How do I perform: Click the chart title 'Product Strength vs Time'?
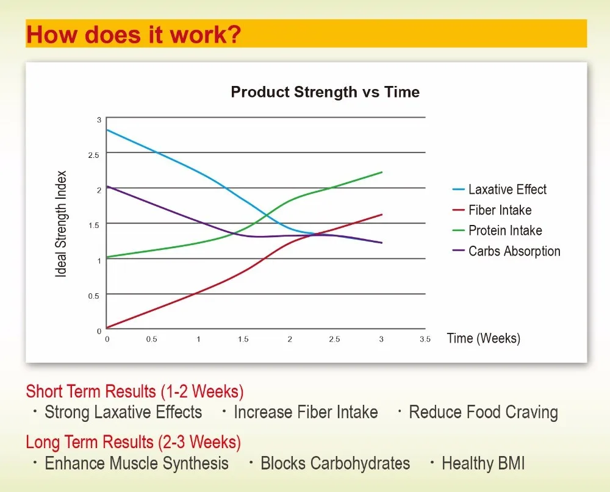click(x=325, y=93)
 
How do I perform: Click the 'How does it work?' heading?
click(x=134, y=35)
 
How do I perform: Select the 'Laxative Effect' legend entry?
click(x=507, y=190)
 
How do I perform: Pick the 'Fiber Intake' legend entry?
click(x=500, y=210)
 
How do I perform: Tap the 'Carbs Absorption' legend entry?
click(x=514, y=251)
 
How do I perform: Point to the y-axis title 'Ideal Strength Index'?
click(x=61, y=224)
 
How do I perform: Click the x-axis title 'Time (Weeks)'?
click(x=483, y=338)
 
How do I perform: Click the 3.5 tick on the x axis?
click(x=425, y=340)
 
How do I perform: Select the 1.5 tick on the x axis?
click(x=243, y=340)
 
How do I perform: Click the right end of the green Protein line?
click(x=382, y=173)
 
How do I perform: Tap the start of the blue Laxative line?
click(x=107, y=130)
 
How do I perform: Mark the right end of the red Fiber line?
click(x=382, y=215)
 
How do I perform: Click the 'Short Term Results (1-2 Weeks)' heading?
click(x=135, y=391)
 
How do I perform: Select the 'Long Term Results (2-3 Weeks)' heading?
click(x=134, y=441)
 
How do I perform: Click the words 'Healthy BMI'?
click(x=483, y=463)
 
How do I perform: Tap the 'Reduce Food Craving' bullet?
click(x=483, y=412)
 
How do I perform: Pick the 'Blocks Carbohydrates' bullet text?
click(x=335, y=463)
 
